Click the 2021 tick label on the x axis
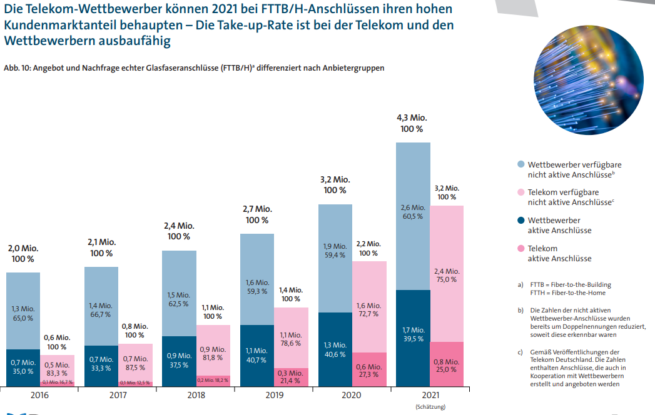pos(430,396)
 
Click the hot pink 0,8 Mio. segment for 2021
pos(447,365)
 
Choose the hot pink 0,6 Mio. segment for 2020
pos(369,370)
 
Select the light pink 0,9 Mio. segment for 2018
pos(213,350)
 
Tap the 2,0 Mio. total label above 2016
pos(23,253)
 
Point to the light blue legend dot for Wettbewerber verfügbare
pos(520,164)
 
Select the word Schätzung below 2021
pos(430,407)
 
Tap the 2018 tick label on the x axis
pos(196,396)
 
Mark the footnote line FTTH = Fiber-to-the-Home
pos(567,292)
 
